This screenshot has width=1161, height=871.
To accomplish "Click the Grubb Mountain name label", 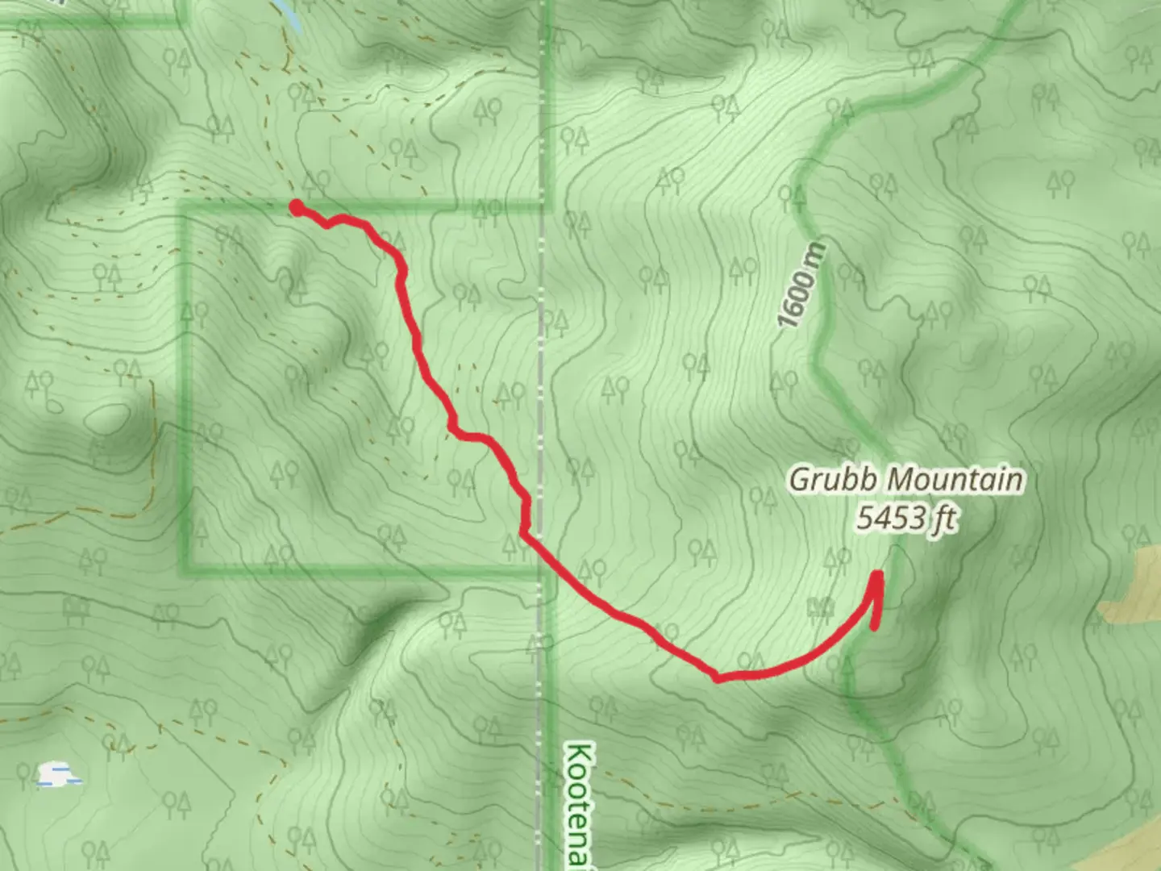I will point(905,479).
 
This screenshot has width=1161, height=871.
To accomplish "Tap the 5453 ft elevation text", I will point(905,518).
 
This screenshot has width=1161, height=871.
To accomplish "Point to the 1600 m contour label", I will point(801,285).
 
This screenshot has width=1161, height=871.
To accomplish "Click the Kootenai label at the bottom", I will point(579,803).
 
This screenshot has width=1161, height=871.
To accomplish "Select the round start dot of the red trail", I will point(297,207).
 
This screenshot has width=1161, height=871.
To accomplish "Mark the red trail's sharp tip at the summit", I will point(877,575).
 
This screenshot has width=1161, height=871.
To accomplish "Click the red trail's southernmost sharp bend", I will point(717,678).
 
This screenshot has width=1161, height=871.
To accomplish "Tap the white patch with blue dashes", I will point(59,775).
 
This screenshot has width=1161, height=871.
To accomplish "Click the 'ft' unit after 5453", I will point(944,519).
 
